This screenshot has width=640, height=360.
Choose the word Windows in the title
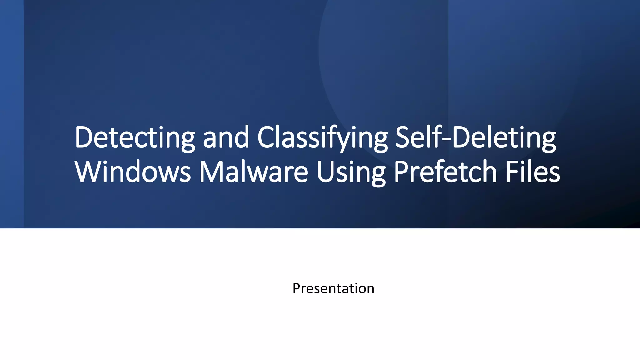[133, 172]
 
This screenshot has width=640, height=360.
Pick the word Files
[533, 172]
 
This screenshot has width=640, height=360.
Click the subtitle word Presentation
[333, 288]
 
